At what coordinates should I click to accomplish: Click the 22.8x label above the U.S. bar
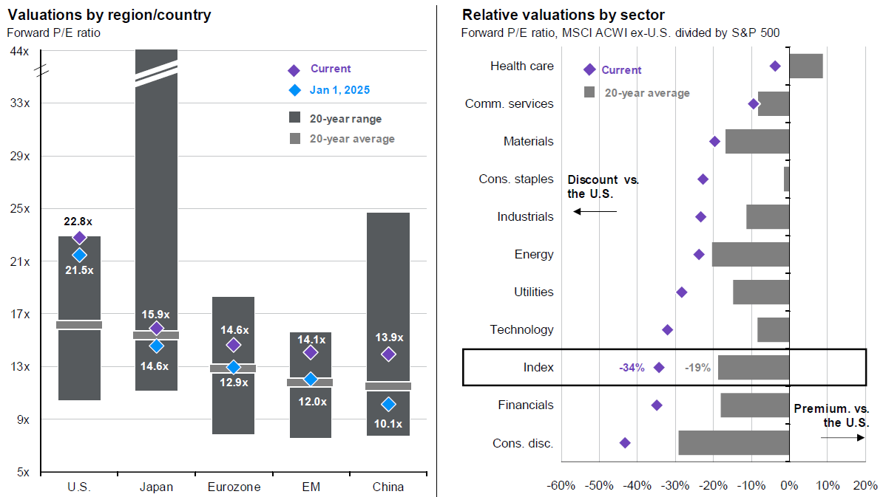coord(79,221)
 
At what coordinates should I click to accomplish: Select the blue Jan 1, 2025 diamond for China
coord(388,404)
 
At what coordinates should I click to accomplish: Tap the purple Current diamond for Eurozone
coord(234,345)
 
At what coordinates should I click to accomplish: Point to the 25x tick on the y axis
coord(19,209)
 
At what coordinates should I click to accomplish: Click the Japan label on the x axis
coord(156,487)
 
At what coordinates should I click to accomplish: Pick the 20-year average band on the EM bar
coord(311,383)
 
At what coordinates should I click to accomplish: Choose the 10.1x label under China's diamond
coord(388,424)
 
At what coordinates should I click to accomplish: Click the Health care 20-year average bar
coord(806,66)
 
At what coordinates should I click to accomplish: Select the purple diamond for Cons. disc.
coord(625,443)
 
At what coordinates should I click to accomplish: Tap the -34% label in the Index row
coord(632,367)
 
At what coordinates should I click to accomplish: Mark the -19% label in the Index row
coord(697,367)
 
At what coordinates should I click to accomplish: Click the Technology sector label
coord(521,329)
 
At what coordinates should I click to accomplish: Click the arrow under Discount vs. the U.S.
coord(595,212)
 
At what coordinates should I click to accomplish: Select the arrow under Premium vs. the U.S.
coord(842,437)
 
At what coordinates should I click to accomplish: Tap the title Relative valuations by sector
coord(564,15)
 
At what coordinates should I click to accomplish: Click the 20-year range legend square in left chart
coord(294,118)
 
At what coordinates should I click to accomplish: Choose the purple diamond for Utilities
coord(682,292)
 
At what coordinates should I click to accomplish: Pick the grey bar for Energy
coord(751,255)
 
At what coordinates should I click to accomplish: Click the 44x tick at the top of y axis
coord(19,51)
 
